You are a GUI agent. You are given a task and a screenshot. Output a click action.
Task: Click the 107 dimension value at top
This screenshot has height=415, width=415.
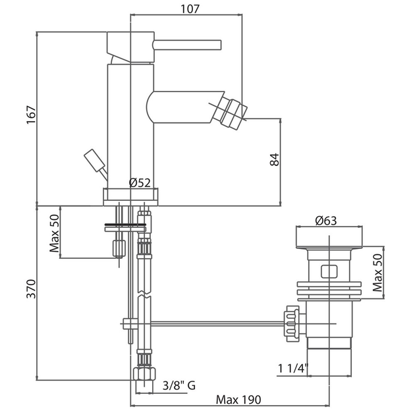click(190, 9)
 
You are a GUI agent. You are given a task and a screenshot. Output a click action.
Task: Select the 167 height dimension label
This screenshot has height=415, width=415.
click(31, 115)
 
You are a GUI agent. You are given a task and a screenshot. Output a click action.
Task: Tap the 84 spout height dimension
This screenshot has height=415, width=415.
click(275, 159)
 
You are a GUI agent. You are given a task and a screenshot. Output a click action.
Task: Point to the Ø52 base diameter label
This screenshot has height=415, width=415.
click(140, 182)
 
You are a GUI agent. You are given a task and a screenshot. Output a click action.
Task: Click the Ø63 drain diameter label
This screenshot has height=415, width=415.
click(326, 221)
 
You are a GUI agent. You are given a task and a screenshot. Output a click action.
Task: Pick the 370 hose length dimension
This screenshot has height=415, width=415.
click(31, 289)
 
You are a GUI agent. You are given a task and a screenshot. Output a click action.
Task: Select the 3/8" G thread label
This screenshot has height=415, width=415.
click(179, 385)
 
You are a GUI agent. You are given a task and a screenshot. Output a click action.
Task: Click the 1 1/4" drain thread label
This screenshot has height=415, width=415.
click(293, 368)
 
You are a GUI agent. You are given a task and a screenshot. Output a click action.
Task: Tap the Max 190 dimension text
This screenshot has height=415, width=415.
click(238, 400)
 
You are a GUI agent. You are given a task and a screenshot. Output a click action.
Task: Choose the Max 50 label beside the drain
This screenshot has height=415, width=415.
click(377, 273)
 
